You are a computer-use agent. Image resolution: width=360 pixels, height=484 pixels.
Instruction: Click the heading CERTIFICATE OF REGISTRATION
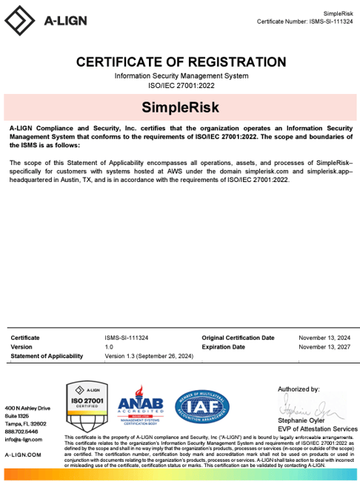coord(181,62)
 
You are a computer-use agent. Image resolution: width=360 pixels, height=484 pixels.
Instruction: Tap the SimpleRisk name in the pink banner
coord(180,107)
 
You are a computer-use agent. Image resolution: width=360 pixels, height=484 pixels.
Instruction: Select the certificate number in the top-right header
coord(304,21)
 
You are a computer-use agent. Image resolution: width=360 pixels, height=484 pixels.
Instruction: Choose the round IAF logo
coord(202,406)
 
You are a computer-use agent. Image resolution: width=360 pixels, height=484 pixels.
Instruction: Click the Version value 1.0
coord(109,346)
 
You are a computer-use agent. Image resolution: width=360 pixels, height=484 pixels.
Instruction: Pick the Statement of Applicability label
coord(47,356)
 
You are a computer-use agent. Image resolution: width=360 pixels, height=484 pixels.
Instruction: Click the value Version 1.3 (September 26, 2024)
coord(149,356)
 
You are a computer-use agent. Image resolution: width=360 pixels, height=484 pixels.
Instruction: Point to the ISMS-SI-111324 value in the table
coord(127,337)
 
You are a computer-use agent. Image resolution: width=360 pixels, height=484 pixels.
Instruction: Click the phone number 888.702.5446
coord(21,431)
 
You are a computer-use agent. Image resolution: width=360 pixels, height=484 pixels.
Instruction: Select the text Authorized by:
coord(299,389)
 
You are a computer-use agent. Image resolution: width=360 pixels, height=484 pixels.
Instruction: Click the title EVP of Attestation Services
coord(318,428)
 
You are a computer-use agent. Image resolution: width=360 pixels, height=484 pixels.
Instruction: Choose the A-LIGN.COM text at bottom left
coord(23,454)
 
